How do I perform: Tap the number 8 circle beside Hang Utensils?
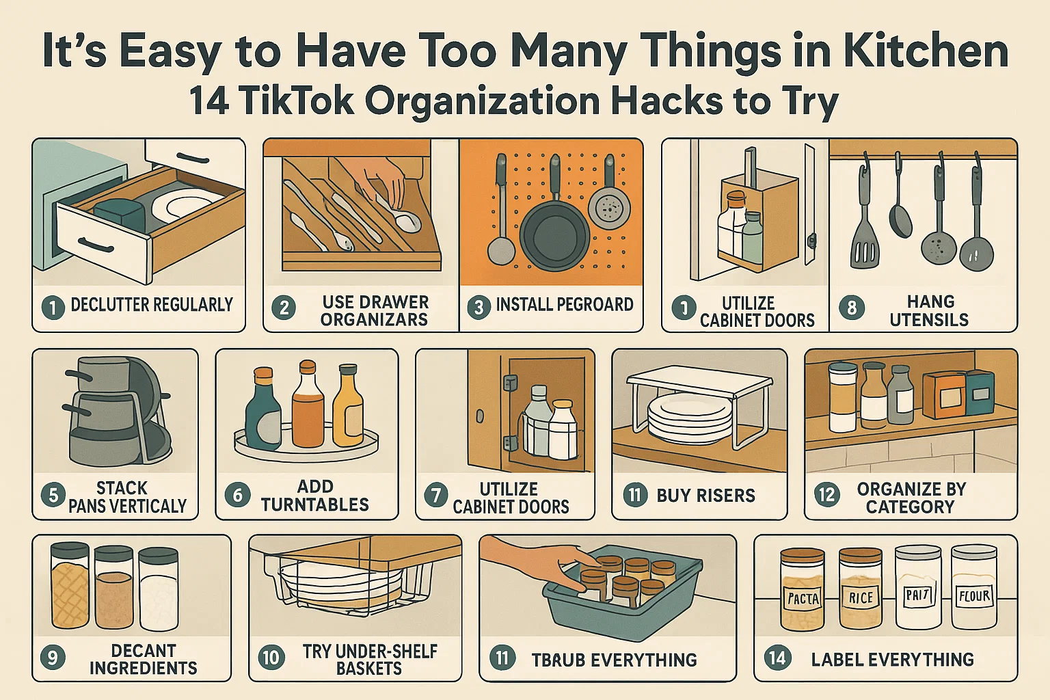click(x=852, y=308)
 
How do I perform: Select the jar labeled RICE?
click(x=860, y=589)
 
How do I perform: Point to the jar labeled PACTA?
click(x=803, y=589)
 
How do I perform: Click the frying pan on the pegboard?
click(x=554, y=232)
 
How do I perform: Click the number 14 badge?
click(x=777, y=658)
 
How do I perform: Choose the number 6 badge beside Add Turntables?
click(x=237, y=494)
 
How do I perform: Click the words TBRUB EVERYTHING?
click(x=614, y=660)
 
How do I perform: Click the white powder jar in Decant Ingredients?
click(x=159, y=589)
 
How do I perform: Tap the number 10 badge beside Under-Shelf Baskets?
click(x=271, y=658)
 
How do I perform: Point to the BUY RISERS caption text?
click(x=705, y=496)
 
